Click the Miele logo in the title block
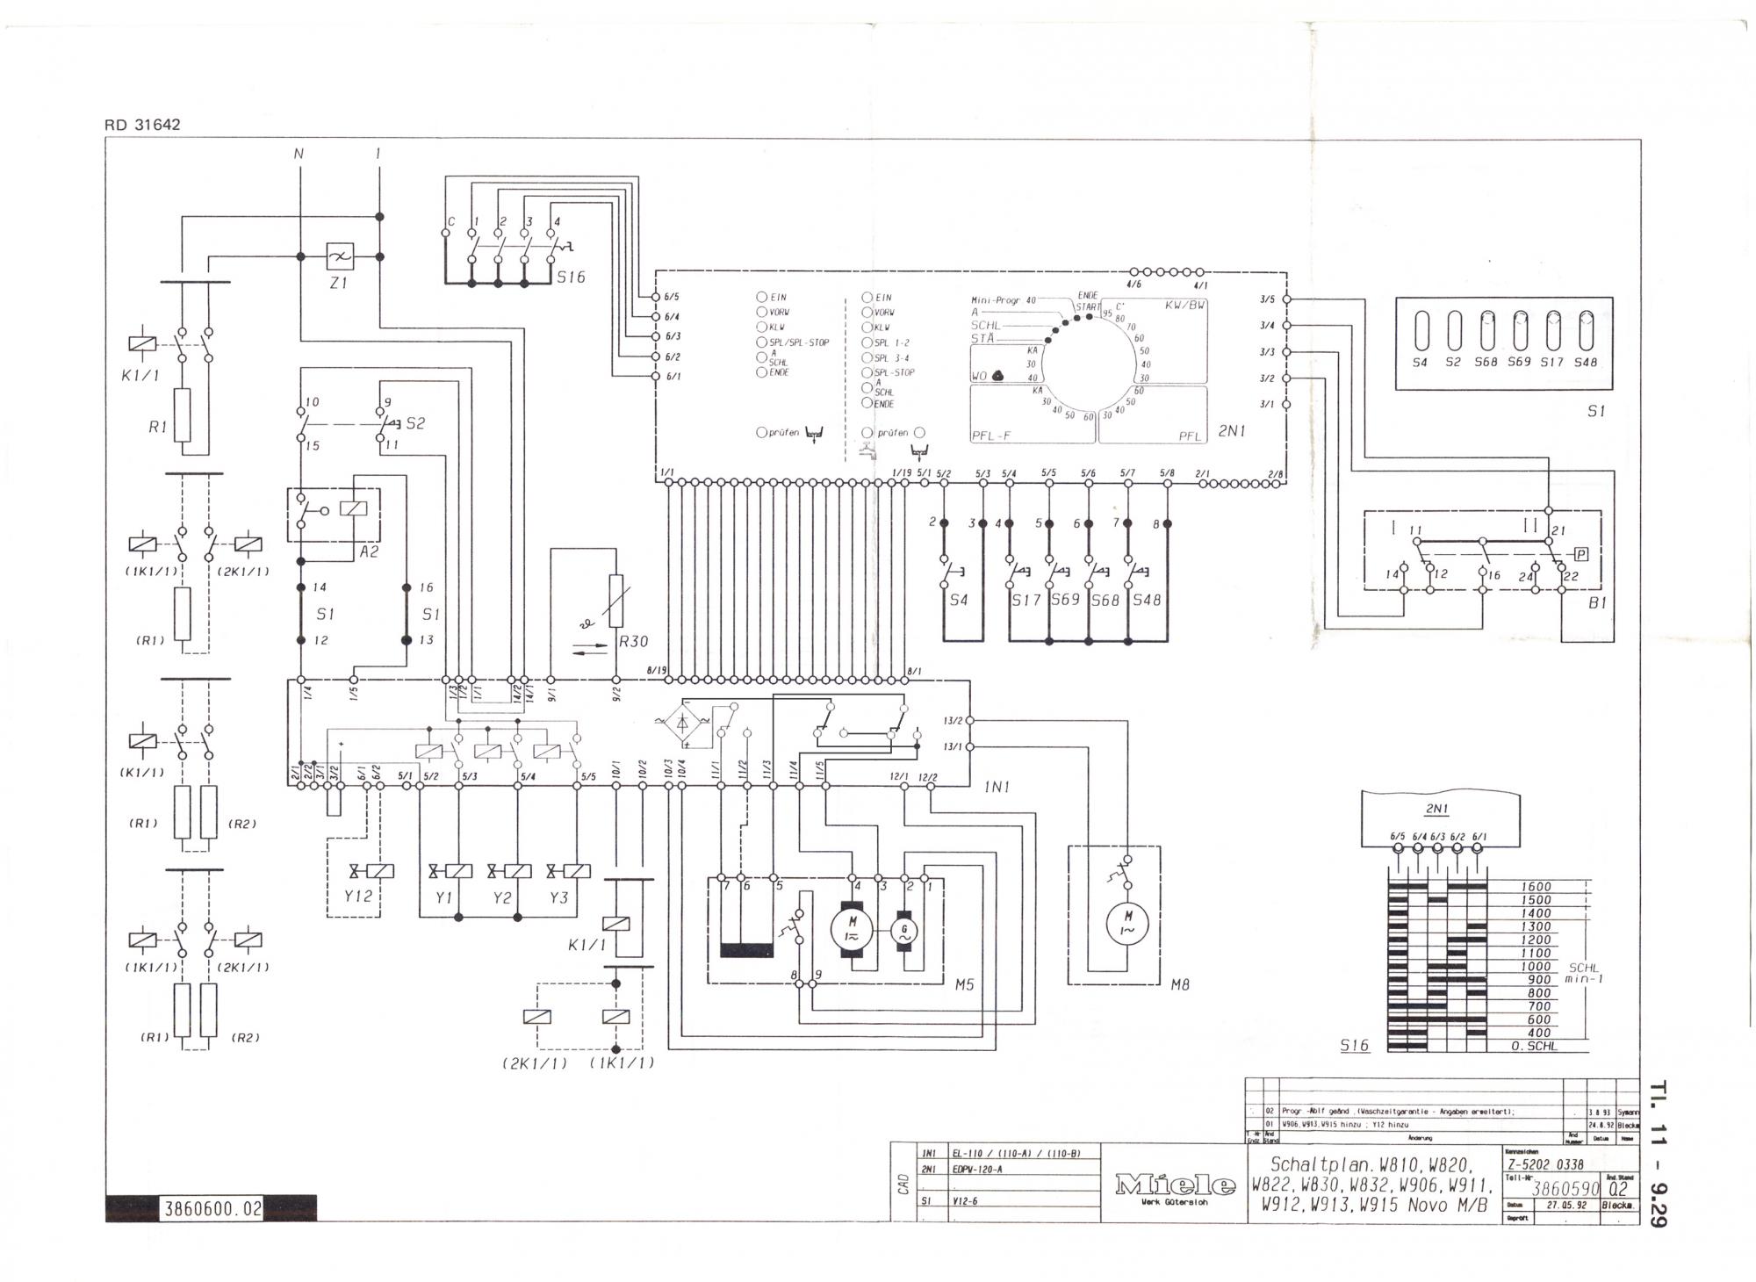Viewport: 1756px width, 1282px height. pyautogui.click(x=1172, y=1185)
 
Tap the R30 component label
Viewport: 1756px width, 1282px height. pyautogui.click(x=633, y=642)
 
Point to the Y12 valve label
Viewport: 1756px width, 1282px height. pyautogui.click(x=357, y=897)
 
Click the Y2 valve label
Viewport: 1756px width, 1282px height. pyautogui.click(x=502, y=897)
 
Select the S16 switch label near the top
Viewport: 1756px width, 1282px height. pyautogui.click(x=571, y=277)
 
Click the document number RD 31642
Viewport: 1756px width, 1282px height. pyautogui.click(x=142, y=125)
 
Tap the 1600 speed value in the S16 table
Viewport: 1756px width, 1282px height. pyautogui.click(x=1536, y=887)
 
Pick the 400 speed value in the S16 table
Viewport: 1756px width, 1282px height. pyautogui.click(x=1539, y=1033)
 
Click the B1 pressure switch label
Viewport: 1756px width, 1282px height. pyautogui.click(x=1597, y=603)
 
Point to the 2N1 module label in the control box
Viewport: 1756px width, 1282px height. pyautogui.click(x=1232, y=431)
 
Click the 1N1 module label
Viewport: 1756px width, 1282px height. pyautogui.click(x=997, y=788)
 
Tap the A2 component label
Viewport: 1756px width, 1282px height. pyautogui.click(x=369, y=552)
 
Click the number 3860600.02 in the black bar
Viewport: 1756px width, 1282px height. pyautogui.click(x=212, y=1209)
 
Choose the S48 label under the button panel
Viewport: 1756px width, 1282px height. pyautogui.click(x=1585, y=362)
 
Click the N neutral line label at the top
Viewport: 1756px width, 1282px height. pyautogui.click(x=299, y=155)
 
